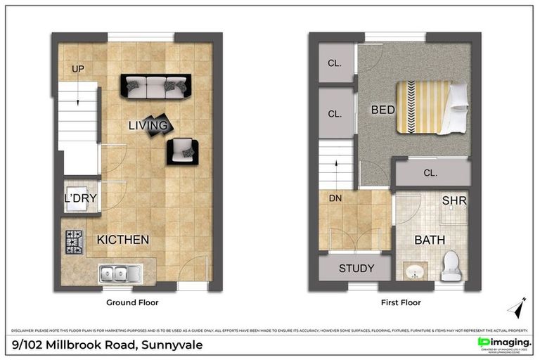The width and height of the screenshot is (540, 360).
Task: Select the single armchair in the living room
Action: [183, 151]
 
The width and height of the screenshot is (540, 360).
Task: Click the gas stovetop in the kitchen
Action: [74, 242]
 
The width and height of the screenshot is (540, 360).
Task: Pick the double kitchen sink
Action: [120, 272]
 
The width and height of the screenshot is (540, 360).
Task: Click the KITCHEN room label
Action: [123, 240]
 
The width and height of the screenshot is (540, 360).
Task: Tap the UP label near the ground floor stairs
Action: [77, 68]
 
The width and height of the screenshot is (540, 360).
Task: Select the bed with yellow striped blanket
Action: [430, 108]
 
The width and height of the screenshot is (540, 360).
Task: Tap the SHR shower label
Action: [454, 201]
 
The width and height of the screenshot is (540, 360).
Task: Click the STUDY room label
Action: [356, 268]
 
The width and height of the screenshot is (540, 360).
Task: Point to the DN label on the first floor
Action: [335, 199]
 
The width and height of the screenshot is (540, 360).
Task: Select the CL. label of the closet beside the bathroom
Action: [430, 172]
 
